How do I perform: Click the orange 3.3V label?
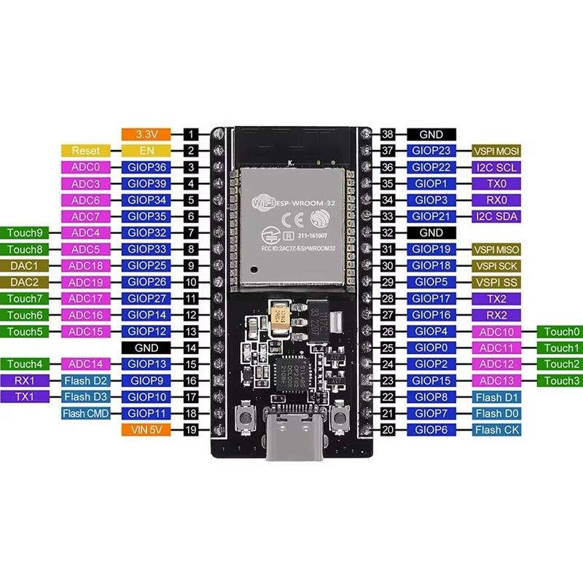(146, 134)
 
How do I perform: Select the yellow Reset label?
(86, 151)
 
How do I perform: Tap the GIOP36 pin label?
(146, 168)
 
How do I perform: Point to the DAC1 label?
(24, 266)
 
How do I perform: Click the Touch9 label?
(24, 232)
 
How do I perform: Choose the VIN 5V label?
(146, 430)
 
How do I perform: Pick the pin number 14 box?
(191, 348)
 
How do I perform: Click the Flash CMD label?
(86, 413)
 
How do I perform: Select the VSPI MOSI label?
(496, 151)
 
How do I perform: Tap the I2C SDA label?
(496, 216)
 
